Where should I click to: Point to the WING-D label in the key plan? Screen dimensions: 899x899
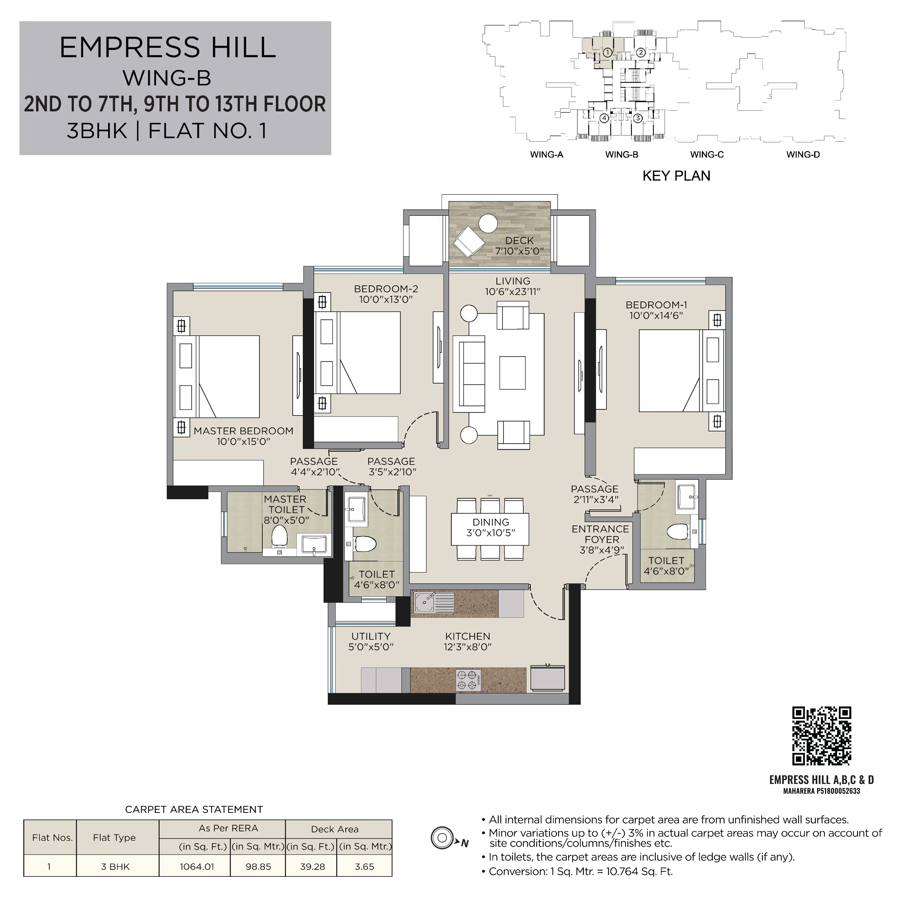803,155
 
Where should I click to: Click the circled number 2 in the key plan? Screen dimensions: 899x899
641,53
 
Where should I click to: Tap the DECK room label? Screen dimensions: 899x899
519,241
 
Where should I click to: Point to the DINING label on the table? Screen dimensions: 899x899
491,522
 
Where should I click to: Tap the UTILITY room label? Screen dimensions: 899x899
371,636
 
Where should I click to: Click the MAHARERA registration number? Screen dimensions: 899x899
822,791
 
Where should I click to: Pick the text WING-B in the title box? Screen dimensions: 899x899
167,78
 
